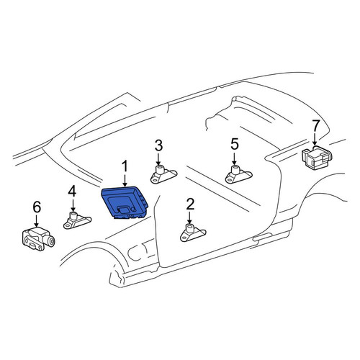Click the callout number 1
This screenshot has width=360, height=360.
pyautogui.click(x=125, y=166)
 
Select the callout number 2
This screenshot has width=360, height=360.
pyautogui.click(x=190, y=204)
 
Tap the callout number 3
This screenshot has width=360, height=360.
pyautogui.click(x=158, y=145)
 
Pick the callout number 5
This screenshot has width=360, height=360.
pyautogui.click(x=235, y=144)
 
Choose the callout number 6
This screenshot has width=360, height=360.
pyautogui.click(x=37, y=207)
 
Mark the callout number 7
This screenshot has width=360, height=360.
pyautogui.click(x=315, y=125)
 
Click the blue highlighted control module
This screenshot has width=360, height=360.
pyautogui.click(x=125, y=202)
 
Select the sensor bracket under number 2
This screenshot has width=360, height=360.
pyautogui.click(x=193, y=233)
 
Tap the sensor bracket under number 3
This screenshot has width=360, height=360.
pyautogui.click(x=163, y=174)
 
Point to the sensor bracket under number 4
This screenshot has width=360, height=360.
pyautogui.click(x=77, y=220)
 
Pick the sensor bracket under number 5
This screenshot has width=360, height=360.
pyautogui.click(x=238, y=174)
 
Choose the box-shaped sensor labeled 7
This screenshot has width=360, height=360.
pyautogui.click(x=317, y=158)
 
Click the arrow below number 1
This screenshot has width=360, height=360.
pyautogui.click(x=125, y=181)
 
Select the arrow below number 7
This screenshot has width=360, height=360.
pyautogui.click(x=315, y=140)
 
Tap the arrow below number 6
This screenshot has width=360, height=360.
pyautogui.click(x=36, y=221)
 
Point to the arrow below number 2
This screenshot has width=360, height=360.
pyautogui.click(x=189, y=218)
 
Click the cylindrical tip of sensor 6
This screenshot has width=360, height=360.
pyautogui.click(x=50, y=240)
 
